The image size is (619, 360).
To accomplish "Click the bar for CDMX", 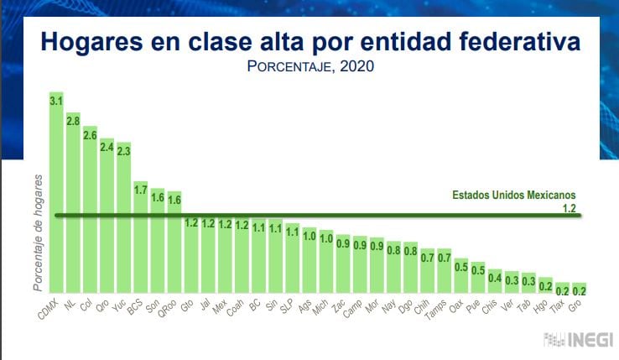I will click(56, 193).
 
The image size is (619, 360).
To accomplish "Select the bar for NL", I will click(73, 201).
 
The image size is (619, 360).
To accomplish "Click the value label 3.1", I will click(56, 101).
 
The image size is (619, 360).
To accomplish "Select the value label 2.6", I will click(90, 134).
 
